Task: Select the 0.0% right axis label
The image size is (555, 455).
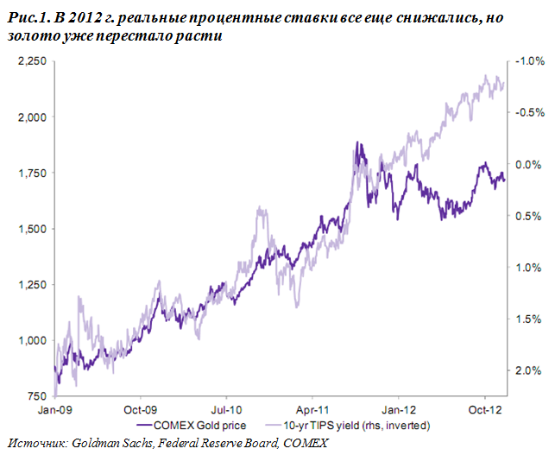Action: [x=528, y=165]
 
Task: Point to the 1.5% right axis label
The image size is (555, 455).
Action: [x=528, y=319]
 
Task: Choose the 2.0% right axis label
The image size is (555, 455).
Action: [x=528, y=371]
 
